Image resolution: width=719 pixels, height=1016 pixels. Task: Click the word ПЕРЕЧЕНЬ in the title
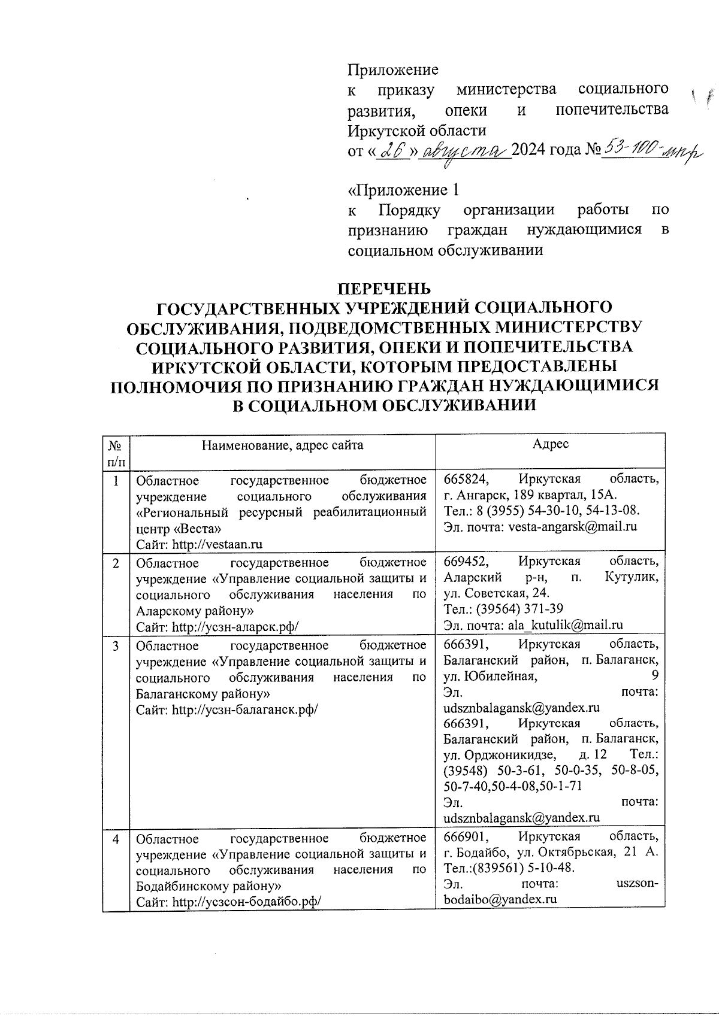click(x=384, y=289)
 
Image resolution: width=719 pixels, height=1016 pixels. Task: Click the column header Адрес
click(x=550, y=444)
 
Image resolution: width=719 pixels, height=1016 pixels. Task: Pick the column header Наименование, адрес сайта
click(x=282, y=445)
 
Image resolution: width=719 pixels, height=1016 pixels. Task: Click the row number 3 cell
click(x=116, y=645)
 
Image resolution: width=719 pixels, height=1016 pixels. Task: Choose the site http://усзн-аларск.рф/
click(x=235, y=627)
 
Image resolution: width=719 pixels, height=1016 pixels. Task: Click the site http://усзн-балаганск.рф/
click(x=244, y=709)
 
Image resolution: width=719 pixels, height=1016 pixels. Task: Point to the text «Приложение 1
click(x=404, y=190)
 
